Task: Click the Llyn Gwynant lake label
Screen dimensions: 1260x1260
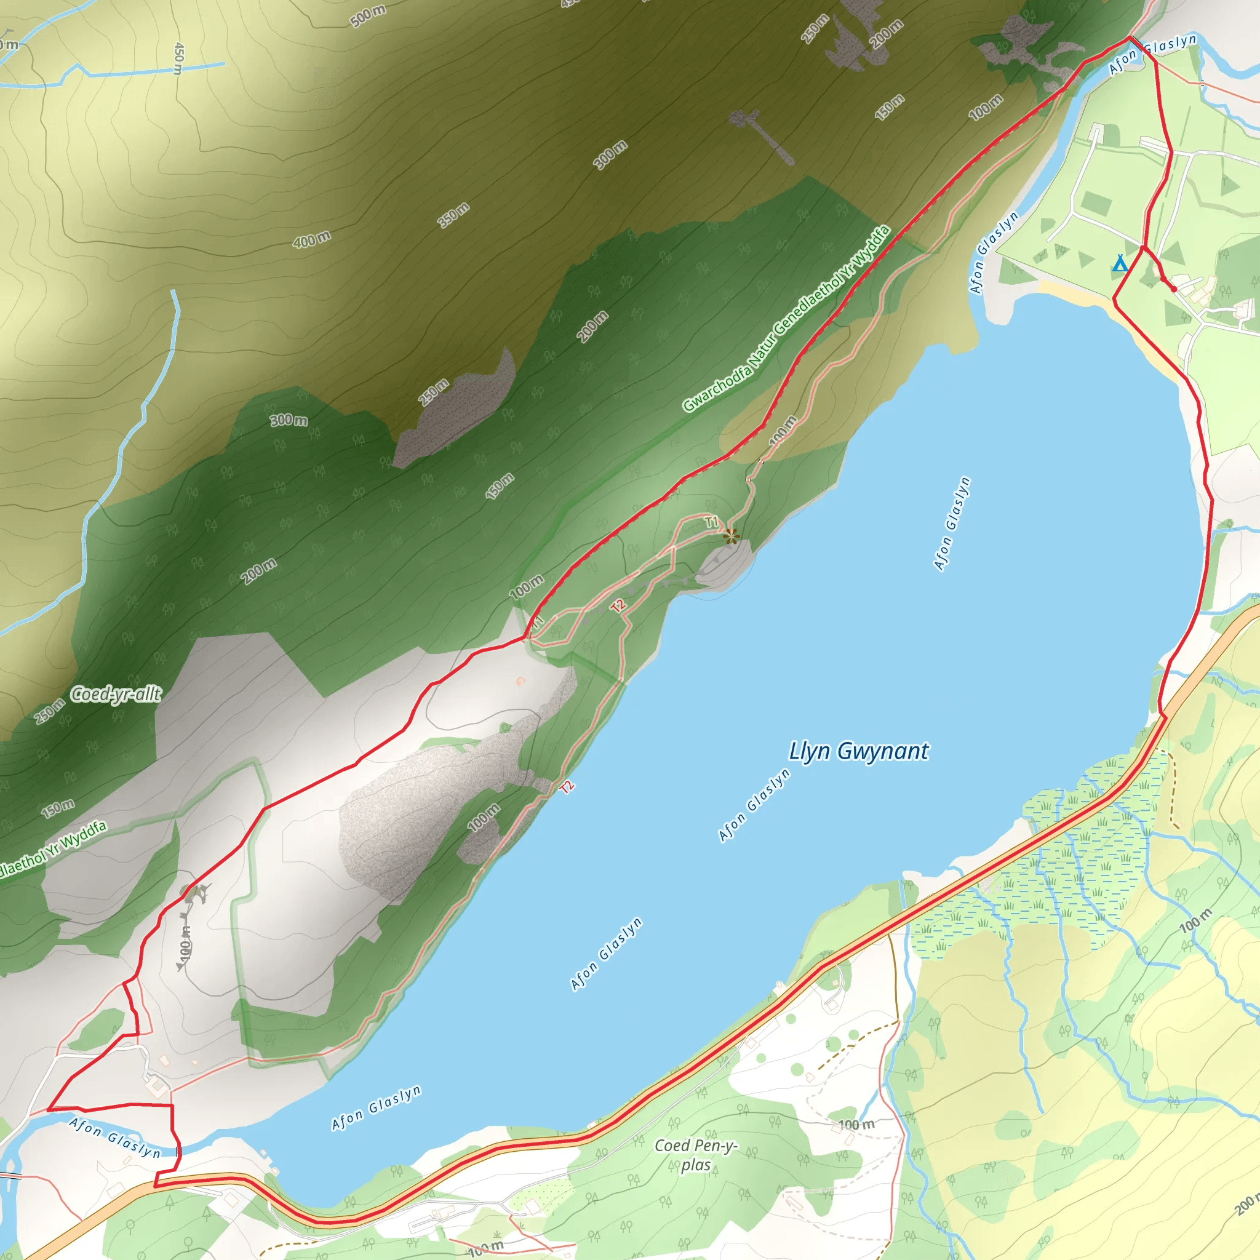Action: coord(858,751)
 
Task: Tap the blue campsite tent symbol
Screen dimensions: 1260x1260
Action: coord(1119,263)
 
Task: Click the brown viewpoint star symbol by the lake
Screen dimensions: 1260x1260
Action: coord(731,536)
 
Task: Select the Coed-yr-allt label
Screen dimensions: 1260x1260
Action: coord(116,695)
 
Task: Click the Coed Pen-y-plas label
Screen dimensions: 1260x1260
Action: coord(696,1155)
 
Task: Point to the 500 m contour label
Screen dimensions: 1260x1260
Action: coord(369,15)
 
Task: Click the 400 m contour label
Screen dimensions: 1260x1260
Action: coord(312,239)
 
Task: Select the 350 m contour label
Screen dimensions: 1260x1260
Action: coord(453,215)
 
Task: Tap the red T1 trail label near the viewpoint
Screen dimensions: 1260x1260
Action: coord(712,522)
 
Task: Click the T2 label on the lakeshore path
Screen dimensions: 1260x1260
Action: coord(567,786)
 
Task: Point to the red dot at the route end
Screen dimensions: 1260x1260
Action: coord(1173,289)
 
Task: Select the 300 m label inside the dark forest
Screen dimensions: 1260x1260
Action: coord(289,420)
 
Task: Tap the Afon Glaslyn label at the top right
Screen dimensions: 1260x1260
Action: coord(1153,52)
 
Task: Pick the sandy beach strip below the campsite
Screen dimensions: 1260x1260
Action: coord(1076,295)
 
